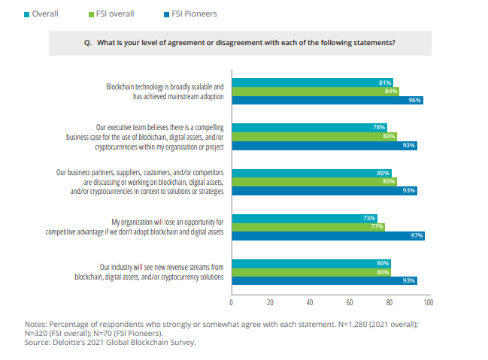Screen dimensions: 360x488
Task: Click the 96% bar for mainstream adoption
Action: [327, 100]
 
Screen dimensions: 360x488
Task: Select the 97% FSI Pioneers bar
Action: [329, 235]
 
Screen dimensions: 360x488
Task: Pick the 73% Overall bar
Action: [305, 218]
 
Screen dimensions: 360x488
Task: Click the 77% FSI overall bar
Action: [308, 226]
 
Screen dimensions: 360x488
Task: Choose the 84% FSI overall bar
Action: [315, 91]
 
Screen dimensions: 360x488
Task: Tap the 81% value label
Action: [385, 82]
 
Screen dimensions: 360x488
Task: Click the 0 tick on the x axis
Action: [232, 302]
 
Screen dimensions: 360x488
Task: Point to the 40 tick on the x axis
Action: [310, 302]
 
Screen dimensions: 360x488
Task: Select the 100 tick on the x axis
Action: [429, 302]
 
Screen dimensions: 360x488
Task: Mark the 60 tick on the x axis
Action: [350, 302]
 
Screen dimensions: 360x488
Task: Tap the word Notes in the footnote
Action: [36, 324]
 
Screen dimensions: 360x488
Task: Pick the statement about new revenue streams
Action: [150, 272]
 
